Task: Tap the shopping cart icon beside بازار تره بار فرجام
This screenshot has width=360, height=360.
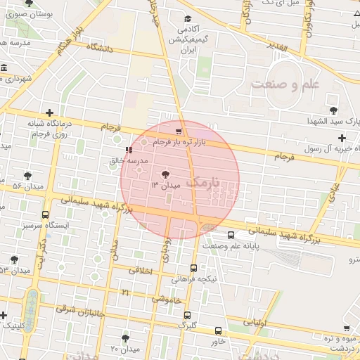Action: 179,131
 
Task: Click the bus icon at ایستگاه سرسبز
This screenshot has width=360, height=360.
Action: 46,214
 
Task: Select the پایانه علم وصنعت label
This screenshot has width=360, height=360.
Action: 233,246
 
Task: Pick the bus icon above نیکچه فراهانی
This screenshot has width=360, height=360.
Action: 193,268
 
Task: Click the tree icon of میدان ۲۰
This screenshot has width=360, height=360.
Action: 126,338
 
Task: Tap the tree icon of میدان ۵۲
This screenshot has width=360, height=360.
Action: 27,176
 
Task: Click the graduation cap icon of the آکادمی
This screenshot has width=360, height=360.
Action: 187,19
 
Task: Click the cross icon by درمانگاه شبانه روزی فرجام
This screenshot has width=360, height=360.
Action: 49,112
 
